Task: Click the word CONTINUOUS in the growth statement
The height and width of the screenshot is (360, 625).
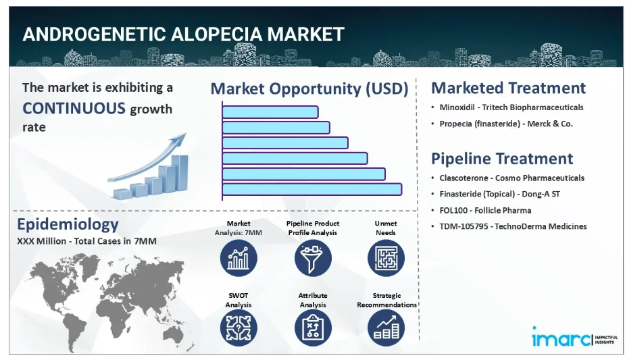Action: [x=74, y=108]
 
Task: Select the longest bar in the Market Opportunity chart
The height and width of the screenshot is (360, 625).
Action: [x=312, y=190]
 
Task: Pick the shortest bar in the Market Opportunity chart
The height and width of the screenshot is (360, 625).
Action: [x=270, y=112]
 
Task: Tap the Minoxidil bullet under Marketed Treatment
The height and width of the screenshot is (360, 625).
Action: [x=511, y=107]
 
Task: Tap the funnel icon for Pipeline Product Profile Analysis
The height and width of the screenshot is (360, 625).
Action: [x=313, y=258]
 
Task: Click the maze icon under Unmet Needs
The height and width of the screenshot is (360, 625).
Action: [x=386, y=258]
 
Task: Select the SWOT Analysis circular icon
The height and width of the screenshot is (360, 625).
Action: [x=239, y=328]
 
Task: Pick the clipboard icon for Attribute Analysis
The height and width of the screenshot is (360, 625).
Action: [x=313, y=328]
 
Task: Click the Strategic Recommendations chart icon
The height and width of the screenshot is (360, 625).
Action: [x=386, y=328]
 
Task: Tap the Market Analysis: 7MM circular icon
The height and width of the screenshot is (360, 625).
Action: [x=239, y=258]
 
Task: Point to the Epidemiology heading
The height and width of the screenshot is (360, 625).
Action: [x=68, y=225]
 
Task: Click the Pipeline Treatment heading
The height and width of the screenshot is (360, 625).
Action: [x=502, y=159]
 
